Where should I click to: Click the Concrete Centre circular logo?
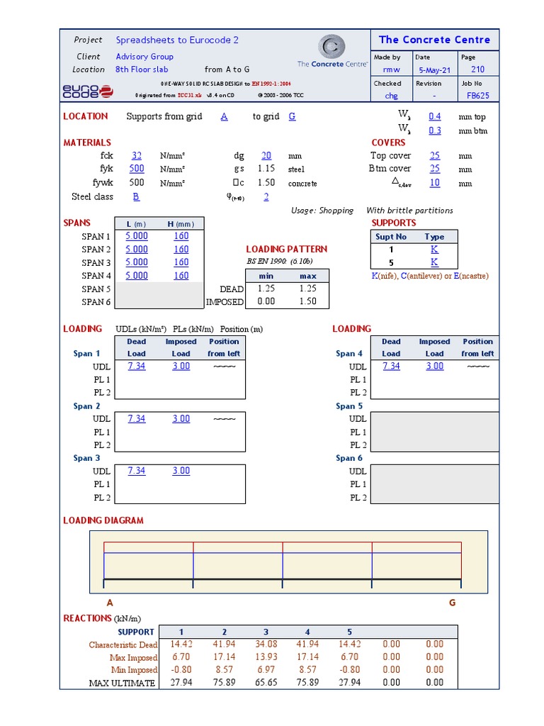tap(331, 47)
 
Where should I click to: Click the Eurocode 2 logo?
tap(87, 91)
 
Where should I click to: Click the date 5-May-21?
tap(432, 69)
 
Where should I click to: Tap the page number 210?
tap(477, 69)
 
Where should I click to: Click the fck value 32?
tap(137, 156)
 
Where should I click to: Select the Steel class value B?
tap(136, 197)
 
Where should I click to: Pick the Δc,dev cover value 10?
tap(434, 183)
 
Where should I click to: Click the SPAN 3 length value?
tap(137, 262)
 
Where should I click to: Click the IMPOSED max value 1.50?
tap(308, 301)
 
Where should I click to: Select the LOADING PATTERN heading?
tap(286, 250)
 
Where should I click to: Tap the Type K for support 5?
tap(434, 262)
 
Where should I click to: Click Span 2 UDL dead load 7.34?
tap(137, 419)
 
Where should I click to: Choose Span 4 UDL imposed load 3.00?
tap(434, 367)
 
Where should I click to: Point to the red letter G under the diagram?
tap(452, 603)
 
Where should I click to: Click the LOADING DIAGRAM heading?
tap(103, 520)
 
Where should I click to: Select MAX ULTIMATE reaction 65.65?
tap(266, 683)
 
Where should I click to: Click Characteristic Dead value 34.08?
tap(266, 644)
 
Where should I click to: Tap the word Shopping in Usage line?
tap(336, 211)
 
